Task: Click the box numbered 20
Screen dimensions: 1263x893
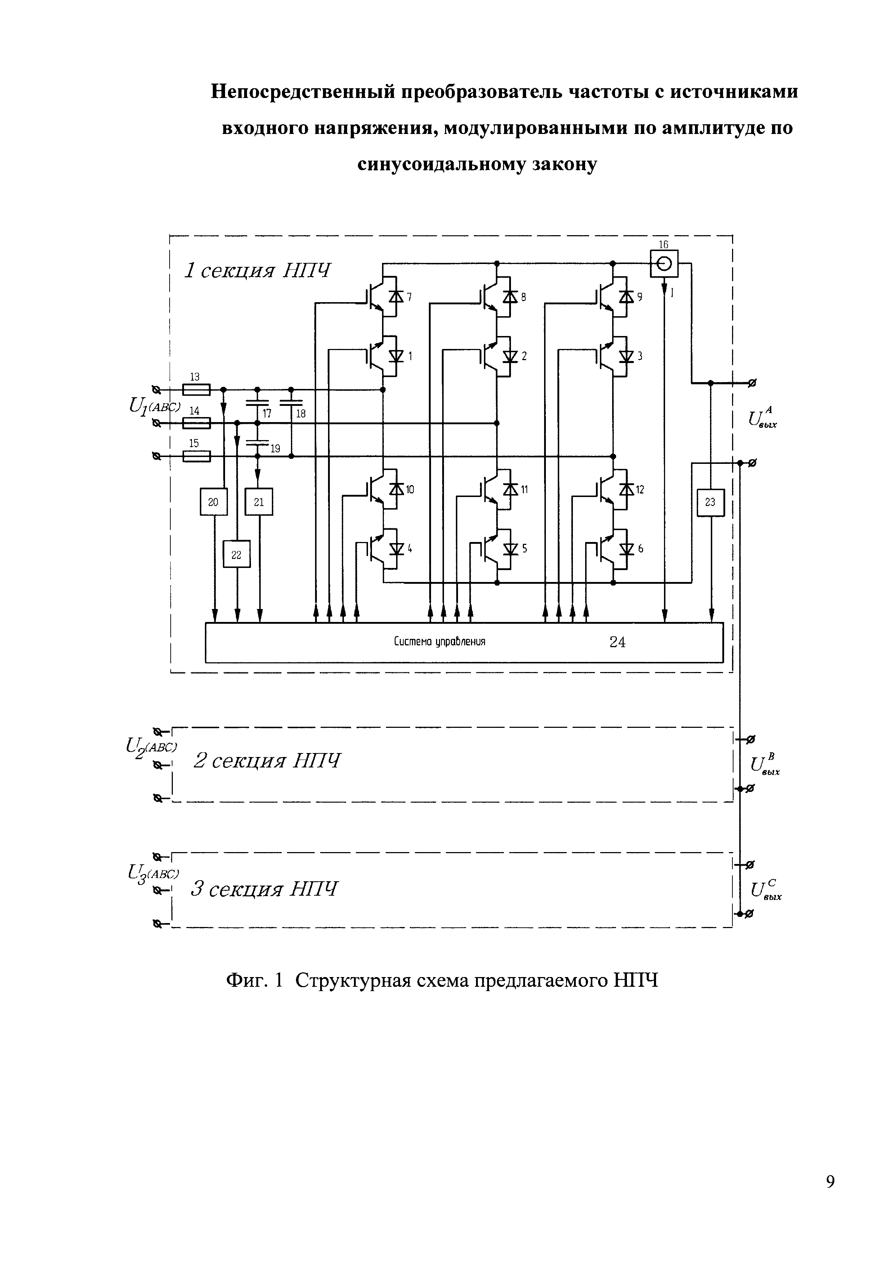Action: pos(214,502)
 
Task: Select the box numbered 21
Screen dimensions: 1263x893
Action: pos(259,502)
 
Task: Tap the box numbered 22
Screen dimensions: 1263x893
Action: pos(237,555)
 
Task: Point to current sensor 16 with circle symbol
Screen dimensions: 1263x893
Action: pos(664,264)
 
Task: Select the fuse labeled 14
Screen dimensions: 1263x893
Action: pos(196,423)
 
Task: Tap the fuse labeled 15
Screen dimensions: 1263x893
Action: pos(196,456)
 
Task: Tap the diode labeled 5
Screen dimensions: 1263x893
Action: pos(511,549)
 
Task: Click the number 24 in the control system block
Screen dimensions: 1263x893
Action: pos(618,642)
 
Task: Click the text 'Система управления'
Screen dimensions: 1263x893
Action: pos(439,642)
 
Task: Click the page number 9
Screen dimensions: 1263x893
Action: pos(830,1197)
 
